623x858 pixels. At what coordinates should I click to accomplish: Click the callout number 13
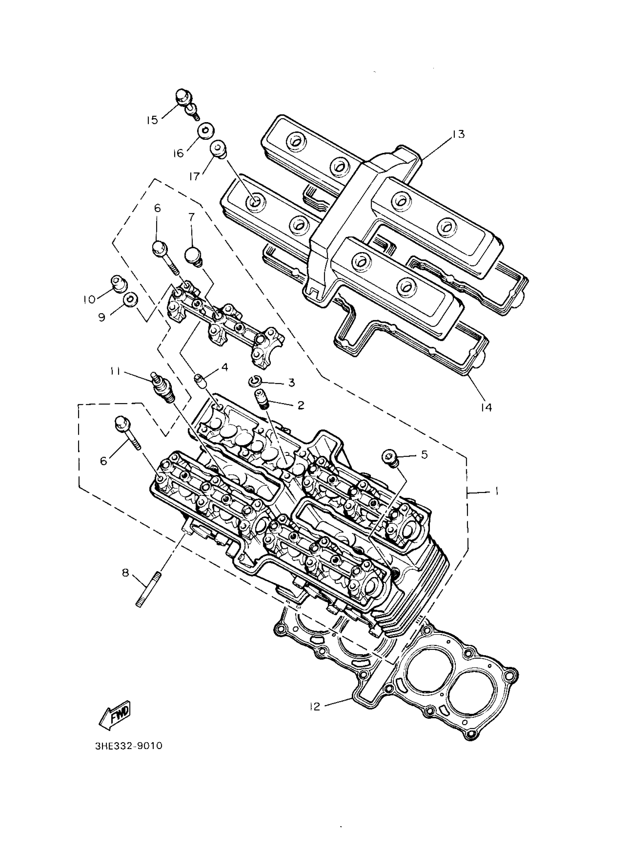(x=458, y=134)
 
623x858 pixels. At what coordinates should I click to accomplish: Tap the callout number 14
(x=486, y=407)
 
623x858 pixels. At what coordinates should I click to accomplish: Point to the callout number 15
(x=152, y=120)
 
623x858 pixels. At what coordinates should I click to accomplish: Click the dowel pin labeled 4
(x=201, y=382)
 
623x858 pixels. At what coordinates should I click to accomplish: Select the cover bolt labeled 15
(x=186, y=100)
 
